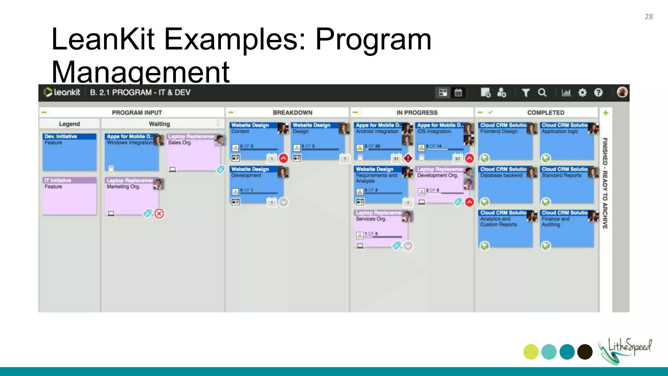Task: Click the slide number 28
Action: point(648,17)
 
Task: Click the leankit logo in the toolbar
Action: point(62,92)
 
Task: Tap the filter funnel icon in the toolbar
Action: point(525,93)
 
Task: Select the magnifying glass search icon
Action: point(542,93)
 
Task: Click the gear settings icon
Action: point(582,93)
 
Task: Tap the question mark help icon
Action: point(598,93)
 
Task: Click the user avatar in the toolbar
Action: point(622,92)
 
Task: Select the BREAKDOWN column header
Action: point(293,113)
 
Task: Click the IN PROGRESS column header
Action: point(417,113)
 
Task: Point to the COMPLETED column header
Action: point(545,113)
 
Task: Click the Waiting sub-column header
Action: point(159,124)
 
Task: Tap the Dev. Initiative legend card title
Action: point(61,136)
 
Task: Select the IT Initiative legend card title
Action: point(58,180)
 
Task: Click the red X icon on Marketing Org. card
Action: point(159,214)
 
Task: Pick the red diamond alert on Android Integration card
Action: point(408,158)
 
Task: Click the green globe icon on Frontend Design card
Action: point(485,158)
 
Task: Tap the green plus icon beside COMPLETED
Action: point(606,113)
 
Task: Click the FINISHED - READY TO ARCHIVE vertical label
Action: point(605,183)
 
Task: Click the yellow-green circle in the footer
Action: point(531,352)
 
